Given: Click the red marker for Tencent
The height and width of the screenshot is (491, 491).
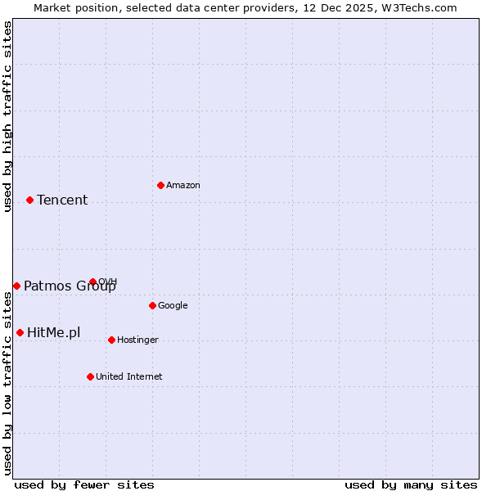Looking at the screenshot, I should click(29, 200).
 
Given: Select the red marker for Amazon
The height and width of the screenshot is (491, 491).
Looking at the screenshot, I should click(160, 185).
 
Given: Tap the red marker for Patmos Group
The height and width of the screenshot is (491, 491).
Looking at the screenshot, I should click(16, 286).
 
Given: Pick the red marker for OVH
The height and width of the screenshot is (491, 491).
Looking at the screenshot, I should click(92, 282).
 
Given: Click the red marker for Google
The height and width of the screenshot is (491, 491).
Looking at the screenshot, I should click(152, 305).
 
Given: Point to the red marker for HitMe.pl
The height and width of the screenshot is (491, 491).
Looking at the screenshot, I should click(20, 332).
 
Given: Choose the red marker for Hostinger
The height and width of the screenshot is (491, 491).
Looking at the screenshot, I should click(111, 340).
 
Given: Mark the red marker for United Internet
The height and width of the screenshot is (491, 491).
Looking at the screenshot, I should click(90, 376).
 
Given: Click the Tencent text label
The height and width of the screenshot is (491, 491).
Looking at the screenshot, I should click(62, 200).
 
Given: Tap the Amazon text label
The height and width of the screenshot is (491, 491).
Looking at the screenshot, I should click(183, 186).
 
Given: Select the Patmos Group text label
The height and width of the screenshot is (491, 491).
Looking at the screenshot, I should click(70, 286).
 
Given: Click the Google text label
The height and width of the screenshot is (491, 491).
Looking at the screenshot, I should click(173, 306).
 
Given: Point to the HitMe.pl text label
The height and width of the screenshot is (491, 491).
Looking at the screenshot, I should click(54, 333).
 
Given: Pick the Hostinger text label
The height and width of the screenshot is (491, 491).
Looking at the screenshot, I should click(137, 340).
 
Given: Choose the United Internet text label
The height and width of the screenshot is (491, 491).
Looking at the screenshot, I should click(129, 377).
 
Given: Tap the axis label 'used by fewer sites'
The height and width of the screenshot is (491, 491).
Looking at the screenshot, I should click(84, 484).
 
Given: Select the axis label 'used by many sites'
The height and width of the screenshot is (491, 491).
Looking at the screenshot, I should click(411, 484).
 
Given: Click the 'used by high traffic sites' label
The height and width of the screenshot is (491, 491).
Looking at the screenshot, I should click(7, 116).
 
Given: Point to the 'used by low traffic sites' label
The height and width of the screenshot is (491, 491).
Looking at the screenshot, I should click(7, 383).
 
